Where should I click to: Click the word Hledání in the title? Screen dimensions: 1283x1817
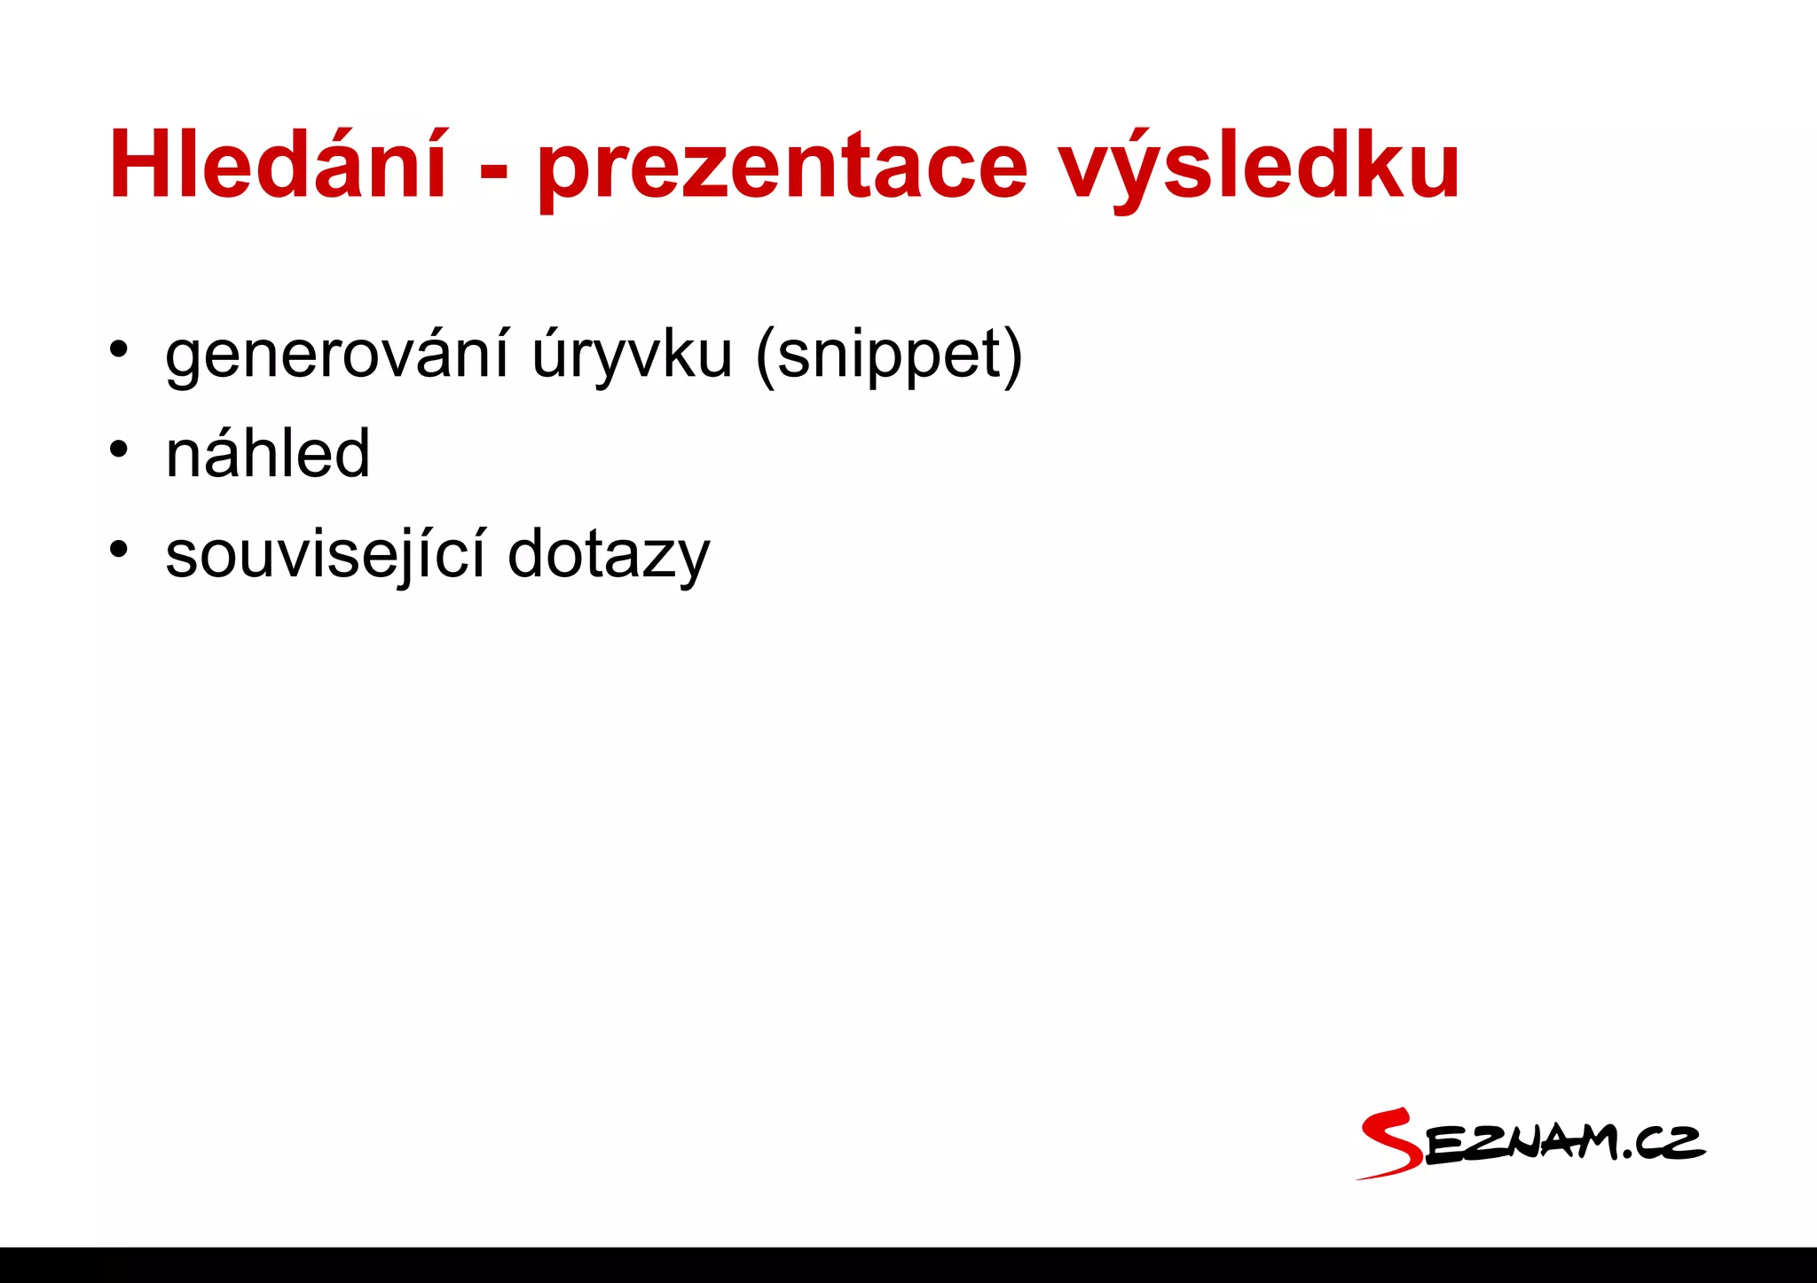(278, 165)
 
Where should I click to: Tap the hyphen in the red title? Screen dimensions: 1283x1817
(493, 168)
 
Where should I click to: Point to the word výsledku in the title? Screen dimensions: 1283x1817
(1260, 168)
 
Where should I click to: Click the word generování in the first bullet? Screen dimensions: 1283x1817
(337, 356)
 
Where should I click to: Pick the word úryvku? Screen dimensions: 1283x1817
(633, 356)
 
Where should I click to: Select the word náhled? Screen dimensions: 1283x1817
(268, 454)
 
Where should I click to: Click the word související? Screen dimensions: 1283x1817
(326, 555)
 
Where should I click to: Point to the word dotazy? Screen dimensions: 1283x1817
(609, 555)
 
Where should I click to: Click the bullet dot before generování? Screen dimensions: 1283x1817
(118, 348)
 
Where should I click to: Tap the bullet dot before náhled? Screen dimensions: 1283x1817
(118, 448)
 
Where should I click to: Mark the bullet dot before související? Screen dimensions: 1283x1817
(118, 548)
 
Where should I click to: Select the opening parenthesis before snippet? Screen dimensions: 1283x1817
(765, 357)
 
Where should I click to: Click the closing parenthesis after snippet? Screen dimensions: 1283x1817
(1013, 357)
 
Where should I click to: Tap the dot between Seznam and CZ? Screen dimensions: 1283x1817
(1626, 1154)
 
